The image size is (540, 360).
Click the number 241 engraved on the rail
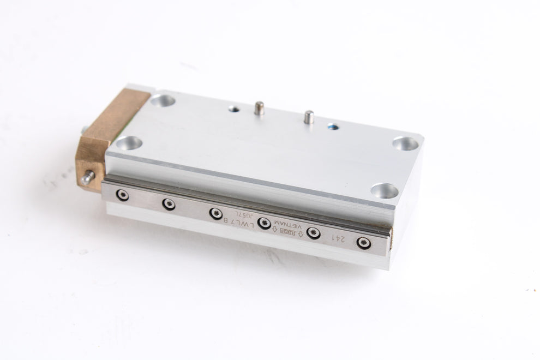pyautogui.click(x=339, y=238)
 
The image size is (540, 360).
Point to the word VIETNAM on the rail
pyautogui.click(x=287, y=224)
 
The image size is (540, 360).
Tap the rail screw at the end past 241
pyautogui.click(x=364, y=243)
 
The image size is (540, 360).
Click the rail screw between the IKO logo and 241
pyautogui.click(x=313, y=232)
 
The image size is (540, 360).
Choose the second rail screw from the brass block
pyautogui.click(x=168, y=204)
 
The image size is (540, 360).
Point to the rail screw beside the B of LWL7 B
pyautogui.click(x=216, y=213)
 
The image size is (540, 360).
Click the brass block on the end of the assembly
pyautogui.click(x=109, y=131)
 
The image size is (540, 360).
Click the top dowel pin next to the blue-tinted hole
pyautogui.click(x=309, y=116)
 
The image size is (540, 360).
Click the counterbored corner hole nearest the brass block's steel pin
pyautogui.click(x=129, y=143)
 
